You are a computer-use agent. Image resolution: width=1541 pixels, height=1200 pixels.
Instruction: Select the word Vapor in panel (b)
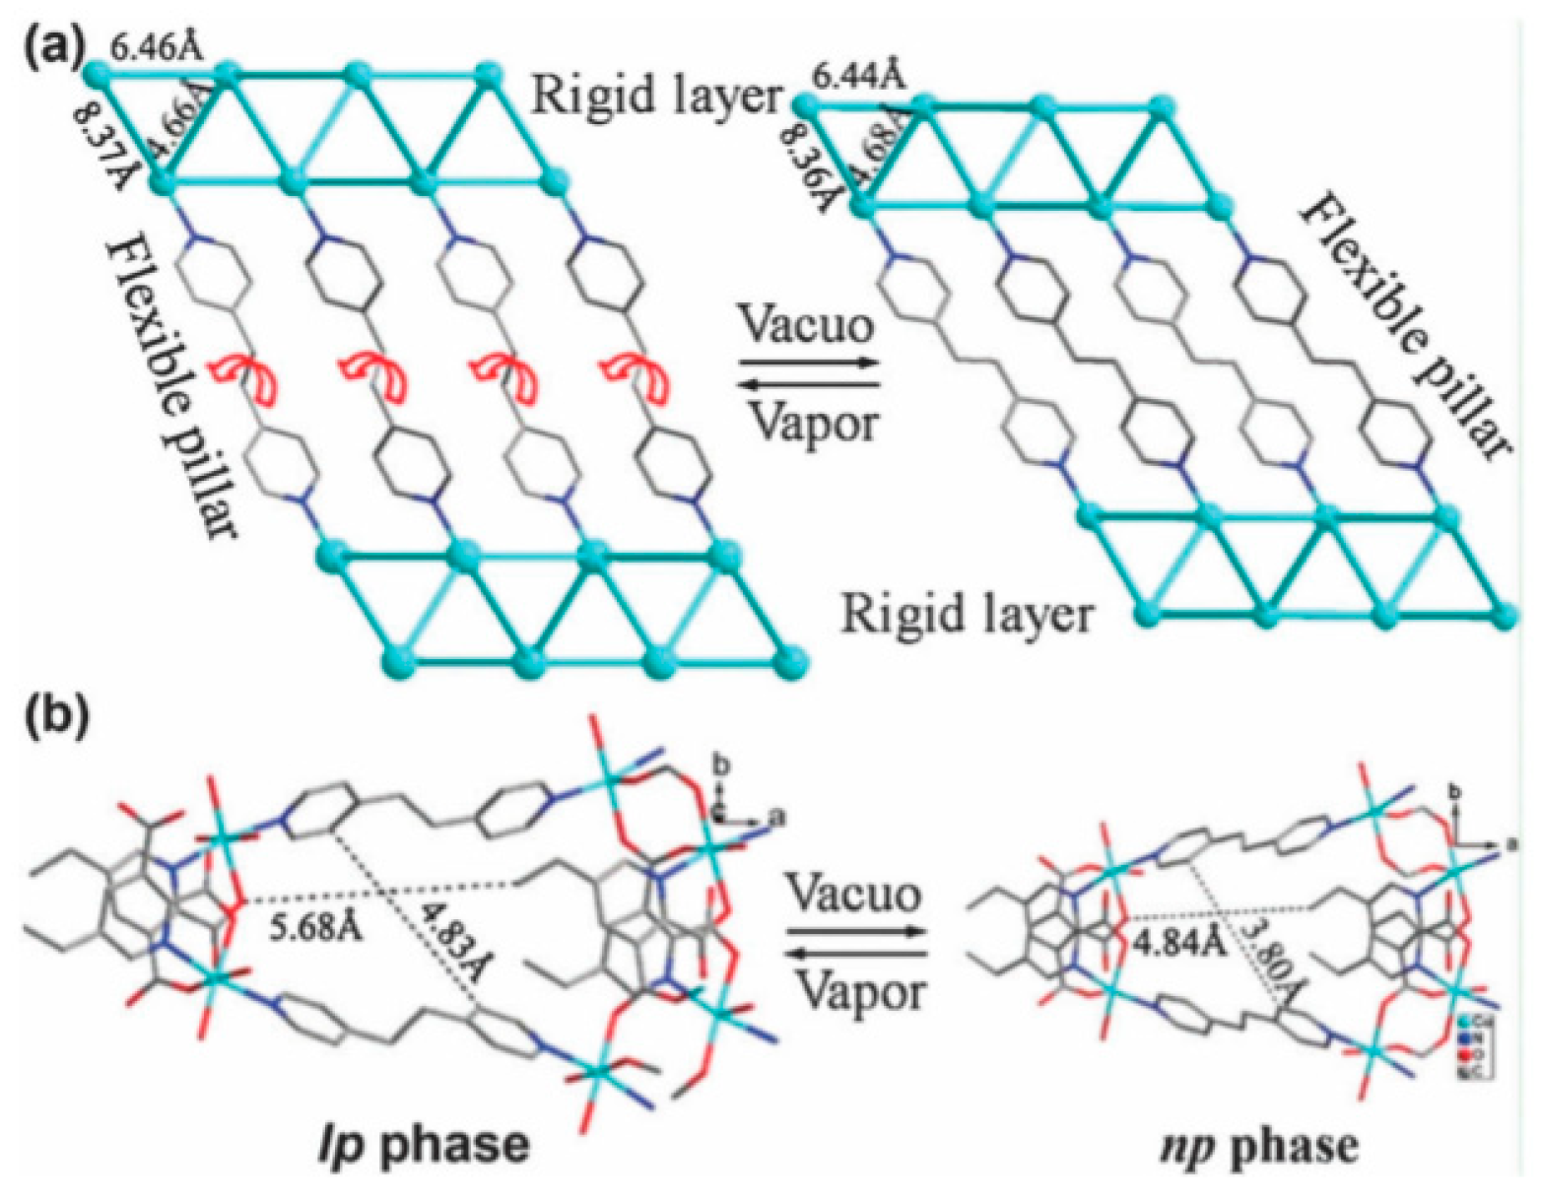click(x=855, y=987)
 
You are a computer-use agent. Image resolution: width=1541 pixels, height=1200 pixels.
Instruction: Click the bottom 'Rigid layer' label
click(x=967, y=615)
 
